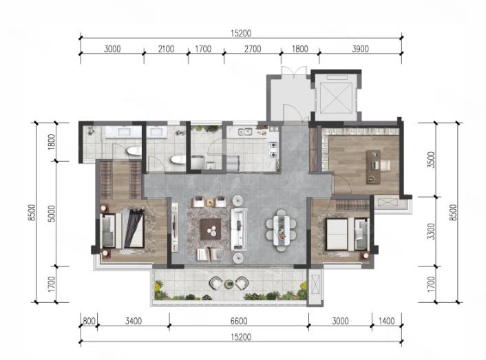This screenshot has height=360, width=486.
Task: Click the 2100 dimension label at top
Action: pyautogui.click(x=166, y=49)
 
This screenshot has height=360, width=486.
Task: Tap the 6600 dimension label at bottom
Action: pyautogui.click(x=239, y=321)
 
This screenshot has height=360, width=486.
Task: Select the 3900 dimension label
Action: pyautogui.click(x=361, y=49)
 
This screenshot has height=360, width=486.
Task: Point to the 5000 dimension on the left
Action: pyautogui.click(x=52, y=213)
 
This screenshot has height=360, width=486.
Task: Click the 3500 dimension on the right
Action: pyautogui.click(x=431, y=160)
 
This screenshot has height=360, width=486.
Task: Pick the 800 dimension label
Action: pyautogui.click(x=89, y=321)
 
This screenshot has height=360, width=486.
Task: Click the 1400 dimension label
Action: pyautogui.click(x=386, y=321)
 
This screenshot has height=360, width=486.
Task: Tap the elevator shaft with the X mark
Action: pyautogui.click(x=336, y=97)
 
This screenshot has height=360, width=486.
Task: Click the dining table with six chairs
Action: pyautogui.click(x=281, y=230)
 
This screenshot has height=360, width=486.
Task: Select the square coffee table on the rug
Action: pyautogui.click(x=211, y=229)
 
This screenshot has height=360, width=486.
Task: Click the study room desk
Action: pyautogui.click(x=373, y=167)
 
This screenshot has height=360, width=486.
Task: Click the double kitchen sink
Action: pyautogui.click(x=245, y=132)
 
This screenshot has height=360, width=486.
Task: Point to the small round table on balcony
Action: pyautogui.click(x=229, y=283)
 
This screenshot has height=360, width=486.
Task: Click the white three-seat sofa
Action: pyautogui.click(x=239, y=229)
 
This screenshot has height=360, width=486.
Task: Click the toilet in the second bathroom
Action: pyautogui.click(x=178, y=160)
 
